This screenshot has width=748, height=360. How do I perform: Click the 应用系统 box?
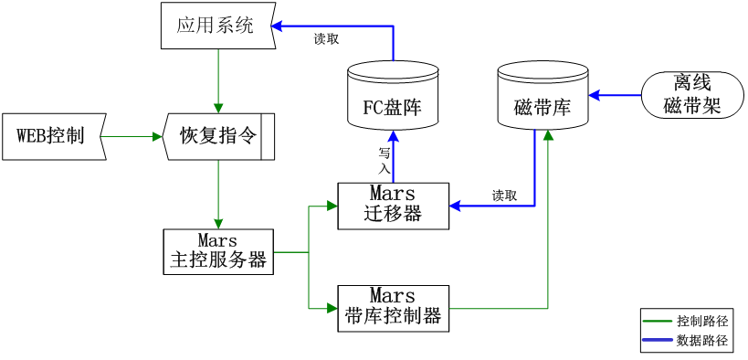[x=216, y=26]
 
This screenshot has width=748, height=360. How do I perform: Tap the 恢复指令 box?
[x=217, y=136]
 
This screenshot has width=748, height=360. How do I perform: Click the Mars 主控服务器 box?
[x=217, y=250]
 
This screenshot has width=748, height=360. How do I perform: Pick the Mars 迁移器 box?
[x=393, y=205]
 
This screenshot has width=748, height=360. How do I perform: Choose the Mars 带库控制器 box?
[x=393, y=307]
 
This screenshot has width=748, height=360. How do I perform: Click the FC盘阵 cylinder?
[x=394, y=99]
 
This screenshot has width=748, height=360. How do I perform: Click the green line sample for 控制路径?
[x=658, y=321]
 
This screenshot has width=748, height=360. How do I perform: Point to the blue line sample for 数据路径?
[x=658, y=341]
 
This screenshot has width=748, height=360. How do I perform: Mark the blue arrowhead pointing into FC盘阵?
[x=394, y=137]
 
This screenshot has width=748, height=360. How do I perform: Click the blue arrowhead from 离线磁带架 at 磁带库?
[x=595, y=94]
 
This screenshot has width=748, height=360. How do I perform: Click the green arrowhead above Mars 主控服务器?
[x=217, y=222]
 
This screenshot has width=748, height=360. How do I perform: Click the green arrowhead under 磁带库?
[x=548, y=134]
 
